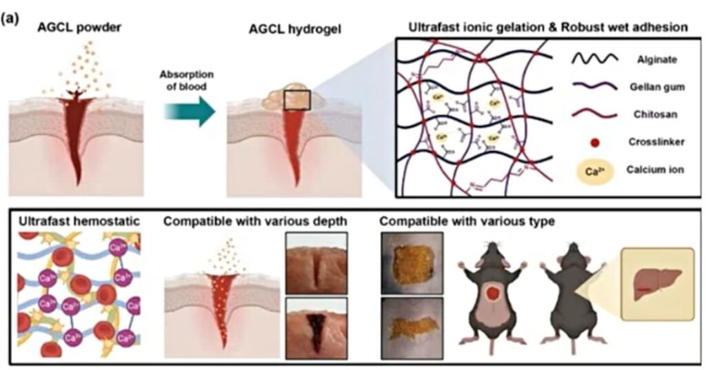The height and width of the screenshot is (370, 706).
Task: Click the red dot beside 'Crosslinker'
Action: pos(595,143)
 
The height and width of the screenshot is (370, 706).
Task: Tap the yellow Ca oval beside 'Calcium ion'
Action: pos(595,169)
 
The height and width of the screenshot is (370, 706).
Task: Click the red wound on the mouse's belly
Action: pos(493,296)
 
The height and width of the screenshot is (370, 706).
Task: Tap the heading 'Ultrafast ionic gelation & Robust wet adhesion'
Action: pos(547,28)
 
